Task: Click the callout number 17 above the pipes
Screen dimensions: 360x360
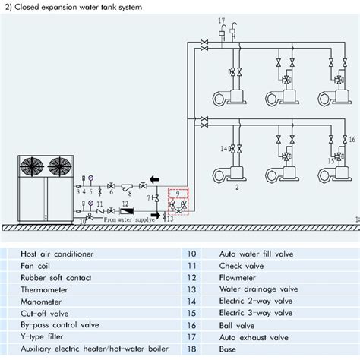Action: coord(222,19)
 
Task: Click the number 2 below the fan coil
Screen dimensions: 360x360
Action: coord(238,185)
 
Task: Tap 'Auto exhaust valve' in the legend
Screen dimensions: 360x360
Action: coord(253,335)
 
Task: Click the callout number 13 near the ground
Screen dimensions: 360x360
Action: coord(169,219)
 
